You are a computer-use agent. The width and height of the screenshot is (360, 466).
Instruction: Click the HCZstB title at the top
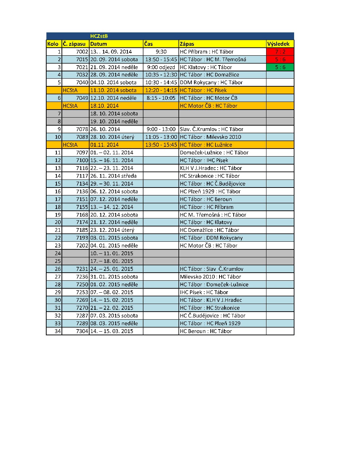pyautogui.click(x=99, y=36)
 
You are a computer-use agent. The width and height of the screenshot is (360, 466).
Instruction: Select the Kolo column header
pyautogui.click(x=53, y=44)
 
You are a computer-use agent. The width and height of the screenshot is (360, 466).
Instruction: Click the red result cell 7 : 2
pyautogui.click(x=280, y=52)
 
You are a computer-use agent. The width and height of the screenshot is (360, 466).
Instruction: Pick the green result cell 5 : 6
pyautogui.click(x=280, y=67)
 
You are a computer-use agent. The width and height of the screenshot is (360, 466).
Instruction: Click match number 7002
pyautogui.click(x=82, y=52)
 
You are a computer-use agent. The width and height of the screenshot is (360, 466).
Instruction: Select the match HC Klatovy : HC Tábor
pyautogui.click(x=206, y=67)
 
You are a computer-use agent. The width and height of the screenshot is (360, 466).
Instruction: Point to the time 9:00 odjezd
pyautogui.click(x=161, y=67)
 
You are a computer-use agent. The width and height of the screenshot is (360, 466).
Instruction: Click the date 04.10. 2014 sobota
pyautogui.click(x=114, y=83)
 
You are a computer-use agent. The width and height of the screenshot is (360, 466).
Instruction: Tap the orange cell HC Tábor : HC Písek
pyautogui.click(x=203, y=90)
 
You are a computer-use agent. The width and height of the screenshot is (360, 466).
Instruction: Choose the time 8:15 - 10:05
pyautogui.click(x=161, y=98)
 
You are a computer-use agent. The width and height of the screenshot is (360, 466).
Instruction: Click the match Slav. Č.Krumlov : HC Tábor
pyautogui.click(x=211, y=129)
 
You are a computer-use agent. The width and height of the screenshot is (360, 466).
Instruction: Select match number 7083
pyautogui.click(x=82, y=137)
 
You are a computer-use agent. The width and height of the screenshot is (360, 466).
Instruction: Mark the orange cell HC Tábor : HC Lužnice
pyautogui.click(x=206, y=145)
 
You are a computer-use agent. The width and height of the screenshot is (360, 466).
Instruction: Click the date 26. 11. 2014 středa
pyautogui.click(x=114, y=176)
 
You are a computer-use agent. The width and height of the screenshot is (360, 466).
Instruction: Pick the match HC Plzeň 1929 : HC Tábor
pyautogui.click(x=210, y=191)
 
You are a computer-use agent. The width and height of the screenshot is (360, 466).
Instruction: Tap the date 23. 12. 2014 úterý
pyautogui.click(x=112, y=230)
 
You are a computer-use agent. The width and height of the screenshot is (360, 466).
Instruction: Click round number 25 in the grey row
pyautogui.click(x=58, y=261)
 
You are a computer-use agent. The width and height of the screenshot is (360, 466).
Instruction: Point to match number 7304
pyautogui.click(x=82, y=331)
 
